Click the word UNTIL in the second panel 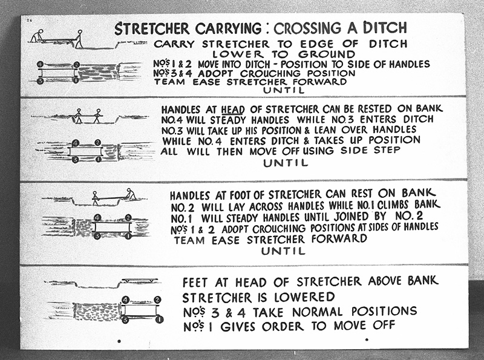point(286,162)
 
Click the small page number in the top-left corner point(28,21)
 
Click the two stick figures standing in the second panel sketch point(88,116)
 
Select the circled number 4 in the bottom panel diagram point(125,299)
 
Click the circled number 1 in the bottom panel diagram point(159,319)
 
